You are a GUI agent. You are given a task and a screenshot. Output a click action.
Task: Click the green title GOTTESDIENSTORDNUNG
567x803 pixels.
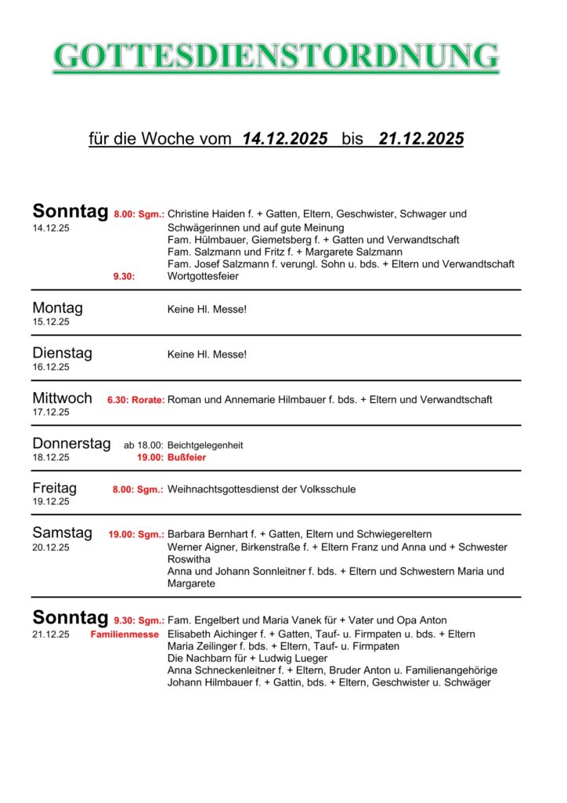[276, 57]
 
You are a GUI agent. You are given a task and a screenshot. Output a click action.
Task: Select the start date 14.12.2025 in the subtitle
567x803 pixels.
[285, 140]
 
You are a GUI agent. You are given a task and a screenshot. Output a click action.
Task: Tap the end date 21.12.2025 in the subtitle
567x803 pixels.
[421, 140]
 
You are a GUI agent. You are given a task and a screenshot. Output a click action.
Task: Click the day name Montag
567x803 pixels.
[57, 307]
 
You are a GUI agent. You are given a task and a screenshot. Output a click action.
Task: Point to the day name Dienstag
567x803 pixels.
[62, 353]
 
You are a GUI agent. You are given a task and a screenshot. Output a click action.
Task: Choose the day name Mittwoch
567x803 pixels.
[62, 398]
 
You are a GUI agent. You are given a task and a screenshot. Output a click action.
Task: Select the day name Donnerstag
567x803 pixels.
[71, 443]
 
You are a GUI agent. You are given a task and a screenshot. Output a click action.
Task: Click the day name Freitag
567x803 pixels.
[54, 488]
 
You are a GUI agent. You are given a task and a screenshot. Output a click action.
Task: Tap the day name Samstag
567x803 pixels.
[62, 532]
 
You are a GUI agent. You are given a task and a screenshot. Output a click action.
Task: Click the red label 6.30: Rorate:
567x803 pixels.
[135, 400]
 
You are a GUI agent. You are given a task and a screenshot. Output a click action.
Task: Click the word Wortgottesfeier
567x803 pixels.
[204, 276]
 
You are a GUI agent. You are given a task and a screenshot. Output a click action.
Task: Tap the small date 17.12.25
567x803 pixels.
[51, 412]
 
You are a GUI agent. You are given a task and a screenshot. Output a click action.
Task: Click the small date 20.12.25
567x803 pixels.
[51, 547]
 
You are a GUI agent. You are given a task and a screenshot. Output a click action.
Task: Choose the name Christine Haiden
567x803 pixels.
[205, 213]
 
